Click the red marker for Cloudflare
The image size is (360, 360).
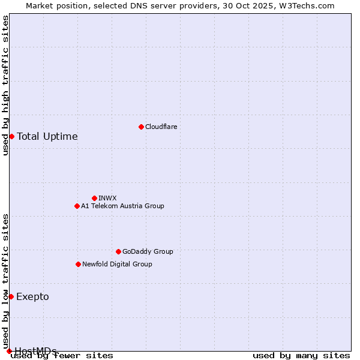tap(141, 127)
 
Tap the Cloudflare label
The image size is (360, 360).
tap(161, 127)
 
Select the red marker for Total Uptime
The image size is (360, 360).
tap(11, 136)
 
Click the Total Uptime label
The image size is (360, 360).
tap(47, 136)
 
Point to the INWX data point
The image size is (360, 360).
tap(94, 198)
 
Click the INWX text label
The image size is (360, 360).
tap(107, 198)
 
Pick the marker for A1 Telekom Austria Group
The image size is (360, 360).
tap(77, 206)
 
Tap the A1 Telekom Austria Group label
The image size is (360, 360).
tap(122, 206)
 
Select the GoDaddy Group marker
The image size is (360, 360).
tap(118, 251)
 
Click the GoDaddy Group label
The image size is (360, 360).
tap(148, 251)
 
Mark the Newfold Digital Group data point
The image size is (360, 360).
tap(78, 264)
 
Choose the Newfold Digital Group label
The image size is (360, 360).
tap(117, 264)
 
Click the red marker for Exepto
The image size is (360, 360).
tap(11, 296)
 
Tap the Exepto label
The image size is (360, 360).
tap(33, 296)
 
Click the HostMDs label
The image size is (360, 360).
tap(36, 350)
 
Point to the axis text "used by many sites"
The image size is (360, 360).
tap(301, 355)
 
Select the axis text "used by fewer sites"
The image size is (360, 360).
tap(62, 355)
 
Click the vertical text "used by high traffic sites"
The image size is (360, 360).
tap(5, 85)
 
